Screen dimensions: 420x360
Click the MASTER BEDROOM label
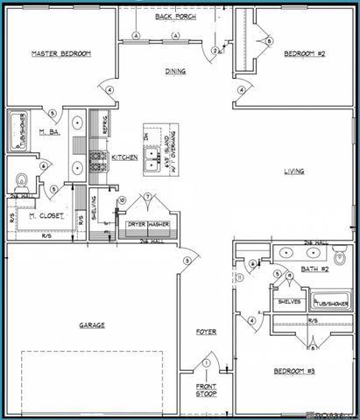(61, 54)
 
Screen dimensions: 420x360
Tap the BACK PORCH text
(175, 17)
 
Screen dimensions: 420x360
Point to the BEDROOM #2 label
(305, 54)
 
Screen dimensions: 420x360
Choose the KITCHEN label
(123, 157)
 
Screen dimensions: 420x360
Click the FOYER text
(206, 332)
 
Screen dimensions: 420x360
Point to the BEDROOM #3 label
(293, 371)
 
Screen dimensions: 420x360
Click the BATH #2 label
(312, 269)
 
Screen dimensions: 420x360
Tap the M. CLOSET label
(43, 215)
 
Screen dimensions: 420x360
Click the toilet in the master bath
(21, 181)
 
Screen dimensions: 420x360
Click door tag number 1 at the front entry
(207, 363)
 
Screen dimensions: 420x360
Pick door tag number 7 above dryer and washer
(150, 197)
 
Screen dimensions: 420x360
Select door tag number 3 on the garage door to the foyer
(187, 261)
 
